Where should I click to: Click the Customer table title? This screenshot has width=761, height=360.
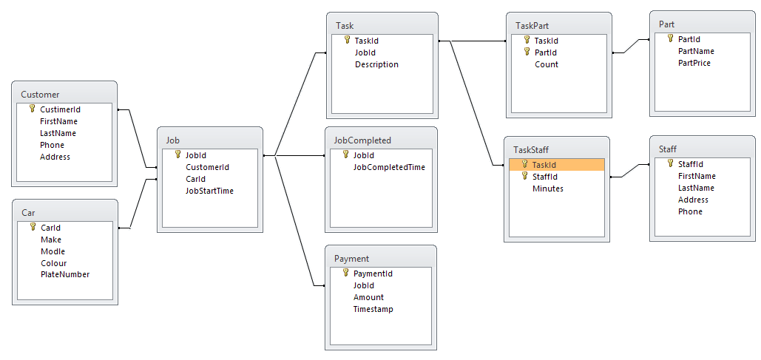(x=40, y=95)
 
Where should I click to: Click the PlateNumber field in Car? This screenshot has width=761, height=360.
(x=65, y=275)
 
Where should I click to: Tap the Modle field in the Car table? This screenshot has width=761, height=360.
(x=53, y=251)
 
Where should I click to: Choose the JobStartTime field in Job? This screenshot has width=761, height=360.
(x=209, y=191)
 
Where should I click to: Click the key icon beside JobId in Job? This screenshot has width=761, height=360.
(x=177, y=155)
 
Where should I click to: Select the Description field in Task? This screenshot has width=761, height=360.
(x=376, y=64)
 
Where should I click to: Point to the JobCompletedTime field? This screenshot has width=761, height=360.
(x=389, y=167)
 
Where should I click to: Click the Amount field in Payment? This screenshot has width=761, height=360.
(x=368, y=297)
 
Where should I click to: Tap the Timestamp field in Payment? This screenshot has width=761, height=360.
(x=373, y=309)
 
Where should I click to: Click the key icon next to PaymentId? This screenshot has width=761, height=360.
(x=345, y=274)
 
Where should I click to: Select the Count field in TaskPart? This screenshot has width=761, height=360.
(x=547, y=64)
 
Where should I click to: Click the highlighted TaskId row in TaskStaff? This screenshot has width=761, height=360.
(x=557, y=165)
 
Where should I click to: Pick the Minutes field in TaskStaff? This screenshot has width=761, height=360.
(x=548, y=189)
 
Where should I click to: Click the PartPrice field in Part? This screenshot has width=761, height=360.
(x=694, y=63)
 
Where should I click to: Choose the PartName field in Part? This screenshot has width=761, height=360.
(x=696, y=51)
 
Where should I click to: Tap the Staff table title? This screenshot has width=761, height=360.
(x=667, y=149)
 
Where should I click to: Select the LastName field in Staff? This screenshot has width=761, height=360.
(x=696, y=188)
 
